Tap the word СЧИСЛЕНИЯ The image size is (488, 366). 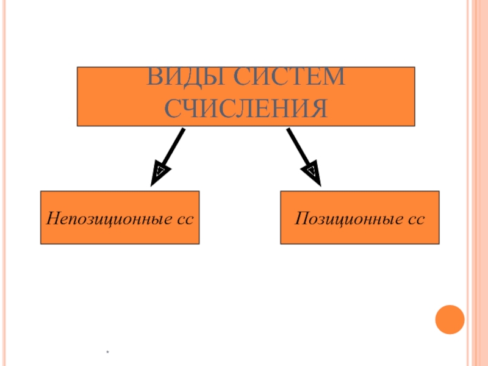[246, 109]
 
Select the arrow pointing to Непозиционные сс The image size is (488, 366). [168, 155]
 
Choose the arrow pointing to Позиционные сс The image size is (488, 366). [303, 155]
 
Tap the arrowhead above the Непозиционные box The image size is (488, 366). [158, 173]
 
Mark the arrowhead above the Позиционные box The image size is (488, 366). [312, 173]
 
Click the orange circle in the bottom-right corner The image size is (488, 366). [450, 318]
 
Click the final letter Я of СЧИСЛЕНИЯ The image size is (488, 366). [318, 109]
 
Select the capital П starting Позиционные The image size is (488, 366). [301, 218]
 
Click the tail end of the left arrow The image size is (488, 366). [182, 129]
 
